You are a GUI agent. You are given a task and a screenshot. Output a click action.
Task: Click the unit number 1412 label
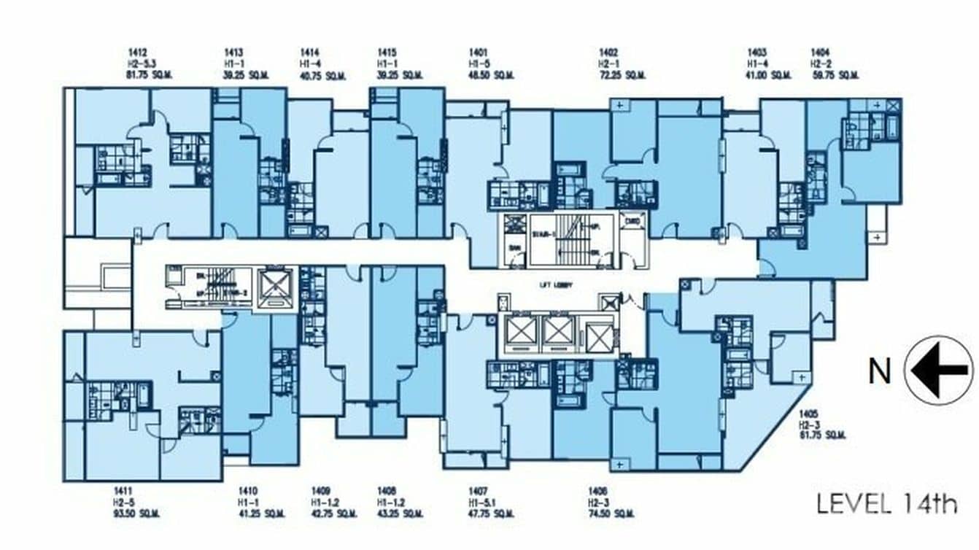[x=137, y=53]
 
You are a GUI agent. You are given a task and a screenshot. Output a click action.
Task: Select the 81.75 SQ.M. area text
[x=151, y=74]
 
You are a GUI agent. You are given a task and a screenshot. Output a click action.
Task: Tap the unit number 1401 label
[x=478, y=53]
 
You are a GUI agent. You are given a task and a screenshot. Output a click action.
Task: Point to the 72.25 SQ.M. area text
[x=622, y=74]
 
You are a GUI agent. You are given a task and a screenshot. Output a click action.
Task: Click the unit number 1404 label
[x=821, y=53]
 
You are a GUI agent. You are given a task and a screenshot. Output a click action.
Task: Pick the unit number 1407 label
[x=479, y=491]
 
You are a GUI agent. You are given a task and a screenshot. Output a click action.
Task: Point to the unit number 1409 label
[x=321, y=491]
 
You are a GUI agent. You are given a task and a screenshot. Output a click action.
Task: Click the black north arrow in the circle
[x=938, y=371]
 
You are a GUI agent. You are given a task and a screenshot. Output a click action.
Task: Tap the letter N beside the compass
[x=879, y=371]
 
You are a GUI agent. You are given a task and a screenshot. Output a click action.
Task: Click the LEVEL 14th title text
[x=886, y=503]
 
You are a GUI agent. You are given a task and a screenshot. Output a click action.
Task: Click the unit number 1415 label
[x=387, y=53]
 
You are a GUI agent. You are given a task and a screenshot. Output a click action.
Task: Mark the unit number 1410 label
[x=249, y=491]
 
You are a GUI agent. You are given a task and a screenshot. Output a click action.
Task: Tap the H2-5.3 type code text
[x=142, y=63]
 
